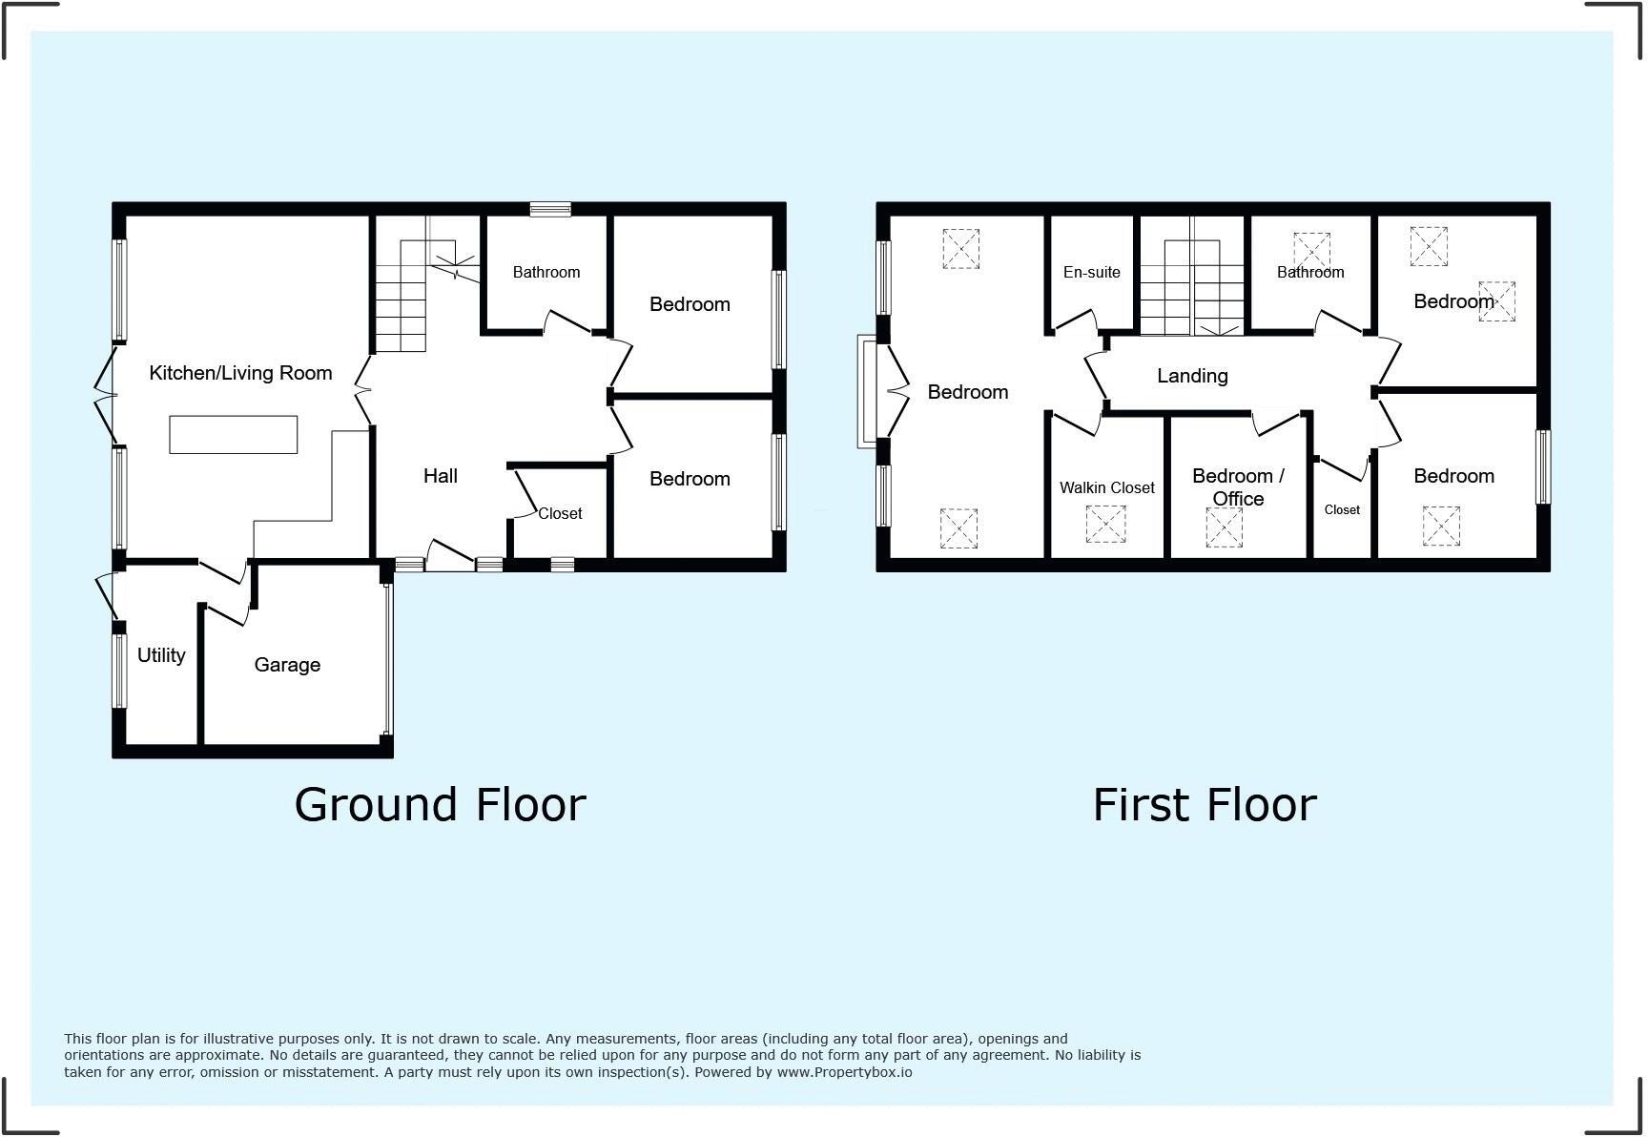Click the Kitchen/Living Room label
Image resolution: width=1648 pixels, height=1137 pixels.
pos(240,373)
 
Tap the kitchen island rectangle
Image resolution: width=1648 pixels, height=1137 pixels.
pos(234,434)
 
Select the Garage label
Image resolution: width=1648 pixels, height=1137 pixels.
pos(287,665)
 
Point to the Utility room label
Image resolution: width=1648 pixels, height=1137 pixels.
pos(161,655)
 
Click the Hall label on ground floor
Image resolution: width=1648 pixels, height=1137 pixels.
pos(441,476)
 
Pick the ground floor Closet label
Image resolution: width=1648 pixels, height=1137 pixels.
pos(560,513)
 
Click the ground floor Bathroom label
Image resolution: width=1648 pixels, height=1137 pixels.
pos(546,272)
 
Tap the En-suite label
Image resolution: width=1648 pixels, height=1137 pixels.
pos(1092,272)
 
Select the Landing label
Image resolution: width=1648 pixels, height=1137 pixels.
pos(1192,376)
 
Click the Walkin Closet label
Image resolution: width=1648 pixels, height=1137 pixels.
pos(1107,487)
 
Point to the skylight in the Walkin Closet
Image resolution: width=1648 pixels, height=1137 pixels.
pos(1105,525)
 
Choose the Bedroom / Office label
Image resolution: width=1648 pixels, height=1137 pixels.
pos(1238,486)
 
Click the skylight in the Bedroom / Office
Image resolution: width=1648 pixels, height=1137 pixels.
pos(1224,527)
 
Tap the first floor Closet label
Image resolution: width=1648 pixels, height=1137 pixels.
pos(1342,509)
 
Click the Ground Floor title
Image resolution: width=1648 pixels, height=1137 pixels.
pos(440,804)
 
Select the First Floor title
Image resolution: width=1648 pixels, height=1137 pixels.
pos(1205,804)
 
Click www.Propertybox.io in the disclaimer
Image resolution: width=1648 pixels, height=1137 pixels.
pos(844,1072)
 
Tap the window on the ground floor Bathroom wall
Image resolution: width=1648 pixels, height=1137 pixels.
pos(550,209)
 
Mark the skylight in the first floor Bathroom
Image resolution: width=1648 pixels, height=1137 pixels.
pos(1311,251)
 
